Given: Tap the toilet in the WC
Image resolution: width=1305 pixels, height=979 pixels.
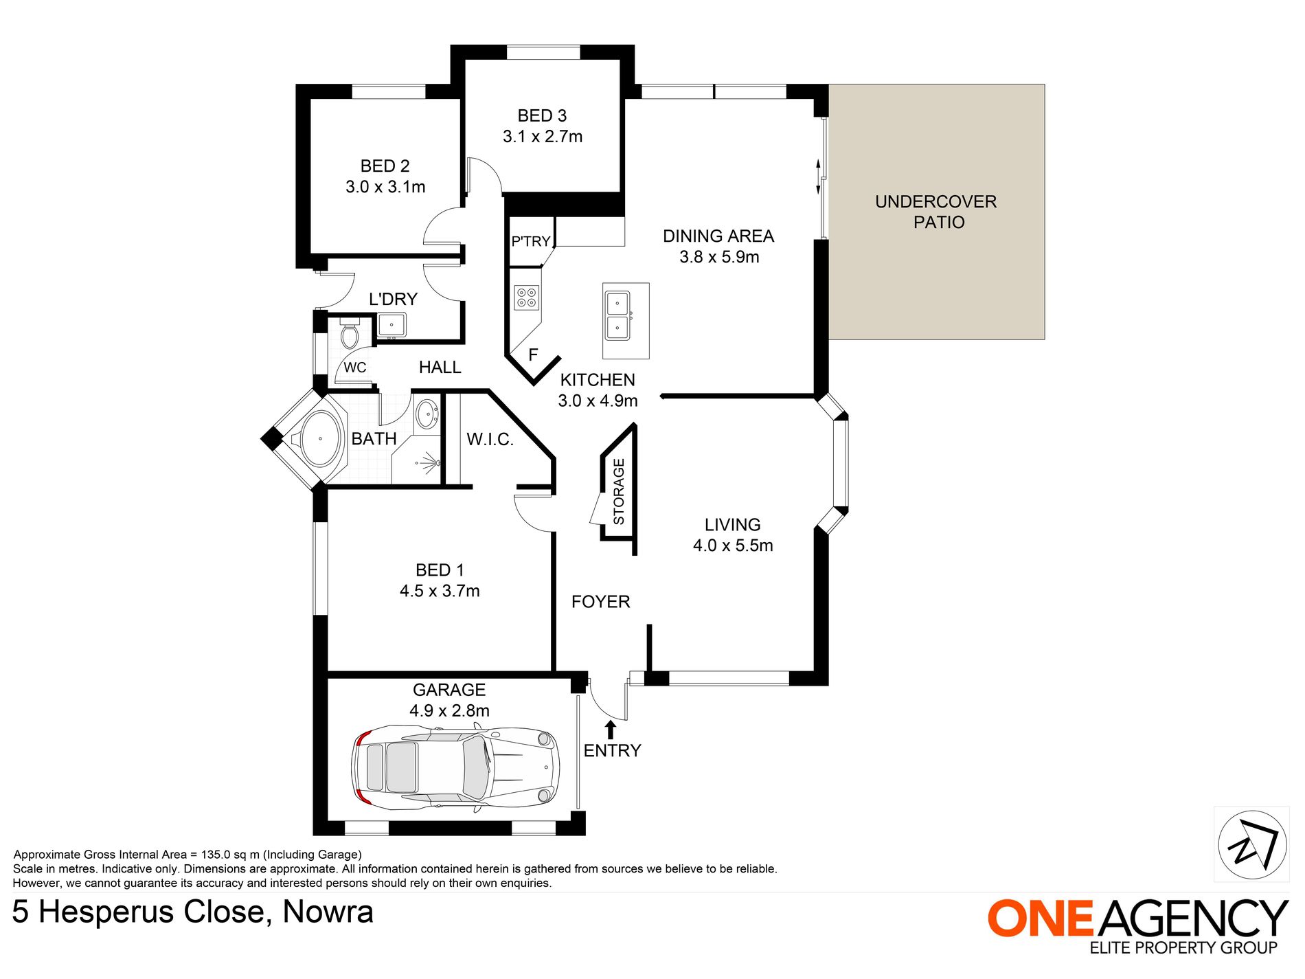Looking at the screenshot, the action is coord(350,333).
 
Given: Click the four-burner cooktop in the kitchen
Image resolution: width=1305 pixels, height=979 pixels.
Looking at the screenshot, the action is coord(527,297).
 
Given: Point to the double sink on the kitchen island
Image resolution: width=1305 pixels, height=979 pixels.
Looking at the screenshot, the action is coord(617,315).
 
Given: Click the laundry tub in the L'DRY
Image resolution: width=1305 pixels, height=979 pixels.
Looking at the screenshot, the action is coord(391,325).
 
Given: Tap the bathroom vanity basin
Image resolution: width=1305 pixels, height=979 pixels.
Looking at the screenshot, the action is coord(427,414).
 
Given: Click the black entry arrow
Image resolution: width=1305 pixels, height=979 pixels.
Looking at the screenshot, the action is coord(611,730).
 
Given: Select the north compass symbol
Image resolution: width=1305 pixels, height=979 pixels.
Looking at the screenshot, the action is coord(1252,844).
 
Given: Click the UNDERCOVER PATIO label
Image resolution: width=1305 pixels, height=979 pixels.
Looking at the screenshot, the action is coord(936,212).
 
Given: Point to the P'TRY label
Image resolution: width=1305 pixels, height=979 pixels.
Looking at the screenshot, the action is coord(530,241).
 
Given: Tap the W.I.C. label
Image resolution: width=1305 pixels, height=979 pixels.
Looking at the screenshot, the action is coord(490,439).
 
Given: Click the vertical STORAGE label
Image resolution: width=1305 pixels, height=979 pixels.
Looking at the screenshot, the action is coord(619,492).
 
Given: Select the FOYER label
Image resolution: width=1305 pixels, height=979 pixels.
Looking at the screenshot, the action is coord(601,602).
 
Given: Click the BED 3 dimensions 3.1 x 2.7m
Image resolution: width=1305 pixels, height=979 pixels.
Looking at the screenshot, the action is coord(543,137).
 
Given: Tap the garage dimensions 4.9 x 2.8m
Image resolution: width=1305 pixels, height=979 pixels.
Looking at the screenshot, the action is coord(450,710).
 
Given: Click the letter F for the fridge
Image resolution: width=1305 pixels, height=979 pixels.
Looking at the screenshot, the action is coord(533,355).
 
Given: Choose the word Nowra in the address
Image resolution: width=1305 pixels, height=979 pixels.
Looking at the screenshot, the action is coord(328,912).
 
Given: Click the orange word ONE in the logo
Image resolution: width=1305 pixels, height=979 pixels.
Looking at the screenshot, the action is coord(1040,919).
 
